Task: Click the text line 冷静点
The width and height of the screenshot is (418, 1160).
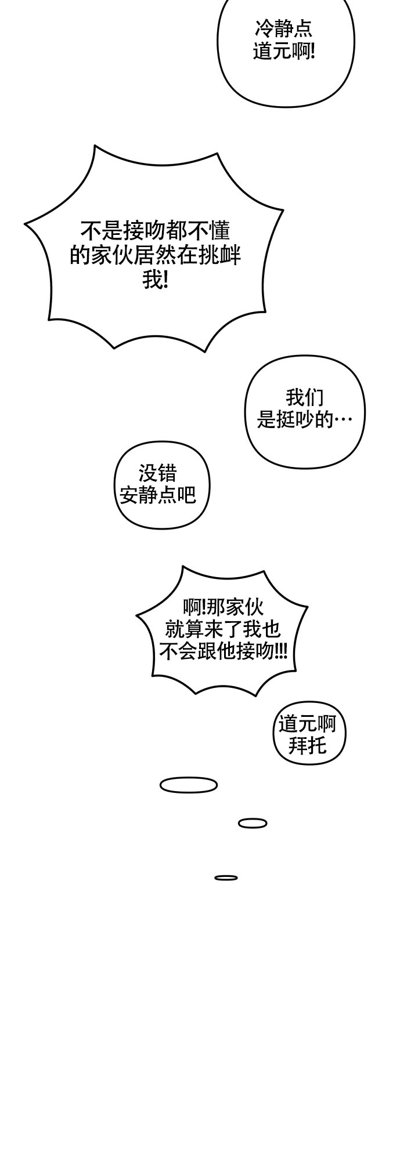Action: coord(284,28)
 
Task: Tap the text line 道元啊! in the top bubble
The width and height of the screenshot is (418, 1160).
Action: coord(284,52)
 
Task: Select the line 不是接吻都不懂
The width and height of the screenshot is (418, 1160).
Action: coord(156,231)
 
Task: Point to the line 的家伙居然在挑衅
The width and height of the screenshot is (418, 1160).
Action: coord(156,256)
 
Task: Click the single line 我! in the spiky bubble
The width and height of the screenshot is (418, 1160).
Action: coord(156,281)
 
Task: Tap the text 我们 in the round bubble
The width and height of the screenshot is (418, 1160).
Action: coord(305,397)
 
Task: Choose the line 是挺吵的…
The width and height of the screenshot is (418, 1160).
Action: coord(305,419)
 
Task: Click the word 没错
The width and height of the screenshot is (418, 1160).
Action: coord(158,473)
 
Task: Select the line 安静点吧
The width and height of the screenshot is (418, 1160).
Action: coord(158,495)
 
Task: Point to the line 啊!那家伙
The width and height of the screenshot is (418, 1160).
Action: coord(224,607)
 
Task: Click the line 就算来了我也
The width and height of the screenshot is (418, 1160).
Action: coord(224,629)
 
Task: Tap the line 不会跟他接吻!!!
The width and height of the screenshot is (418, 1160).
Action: coord(224,651)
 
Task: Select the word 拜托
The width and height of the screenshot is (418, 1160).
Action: coord(308,745)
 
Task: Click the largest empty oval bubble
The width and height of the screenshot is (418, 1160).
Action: coord(189,785)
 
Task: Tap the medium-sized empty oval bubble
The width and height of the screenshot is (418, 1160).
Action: coord(253,823)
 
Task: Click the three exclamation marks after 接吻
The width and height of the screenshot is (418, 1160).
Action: coord(281,651)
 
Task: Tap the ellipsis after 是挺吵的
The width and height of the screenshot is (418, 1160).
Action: coord(343,420)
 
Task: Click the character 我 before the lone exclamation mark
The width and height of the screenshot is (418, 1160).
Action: coord(152,281)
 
